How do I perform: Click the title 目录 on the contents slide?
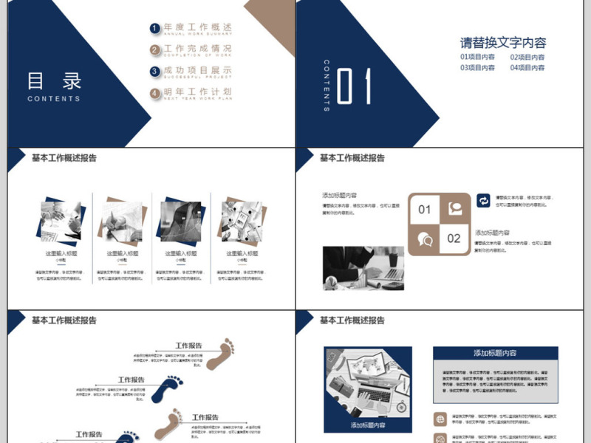pos(54,80)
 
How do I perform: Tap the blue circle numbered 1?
pos(154,29)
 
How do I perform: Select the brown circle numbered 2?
pos(154,50)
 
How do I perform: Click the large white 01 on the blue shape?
pos(354,86)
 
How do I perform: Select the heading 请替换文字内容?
pos(503,43)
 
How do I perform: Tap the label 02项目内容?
pos(527,57)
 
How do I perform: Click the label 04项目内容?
pos(527,68)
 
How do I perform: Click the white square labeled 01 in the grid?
pos(424,210)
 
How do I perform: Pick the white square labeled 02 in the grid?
pos(454,238)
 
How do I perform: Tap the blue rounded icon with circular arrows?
pos(483,201)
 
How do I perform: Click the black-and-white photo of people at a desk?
pos(363,268)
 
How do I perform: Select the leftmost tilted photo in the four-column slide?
pos(62,220)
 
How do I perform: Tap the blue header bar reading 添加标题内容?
pos(495,353)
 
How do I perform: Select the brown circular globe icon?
pos(440,419)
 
